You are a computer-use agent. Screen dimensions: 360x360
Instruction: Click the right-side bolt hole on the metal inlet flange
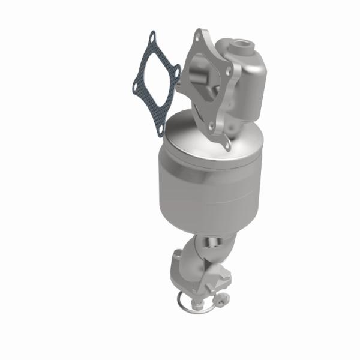229,70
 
